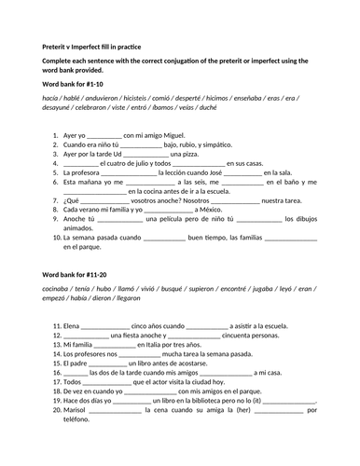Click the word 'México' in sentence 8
[x=210, y=210]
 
